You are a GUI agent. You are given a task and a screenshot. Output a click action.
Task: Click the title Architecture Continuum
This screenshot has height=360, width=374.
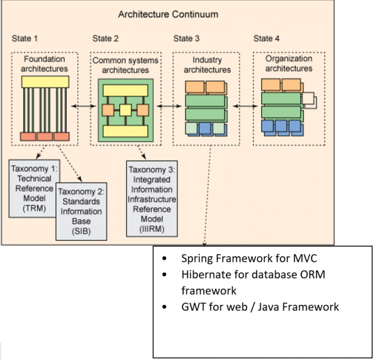coord(168,14)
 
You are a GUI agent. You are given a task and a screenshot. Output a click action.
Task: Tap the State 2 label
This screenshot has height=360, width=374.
coord(106,38)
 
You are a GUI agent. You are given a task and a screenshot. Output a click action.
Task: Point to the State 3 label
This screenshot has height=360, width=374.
coord(186,38)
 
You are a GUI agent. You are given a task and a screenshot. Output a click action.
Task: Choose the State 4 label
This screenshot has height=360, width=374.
coord(266,38)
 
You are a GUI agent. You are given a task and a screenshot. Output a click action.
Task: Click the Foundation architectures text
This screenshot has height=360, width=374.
coord(45,64)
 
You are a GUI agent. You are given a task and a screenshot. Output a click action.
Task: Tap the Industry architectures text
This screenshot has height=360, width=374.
coord(207,65)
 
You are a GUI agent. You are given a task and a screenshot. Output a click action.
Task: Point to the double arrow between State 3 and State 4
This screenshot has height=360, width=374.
coord(243,107)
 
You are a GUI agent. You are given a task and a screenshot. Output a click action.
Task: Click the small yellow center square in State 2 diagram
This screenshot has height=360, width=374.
coord(125,110)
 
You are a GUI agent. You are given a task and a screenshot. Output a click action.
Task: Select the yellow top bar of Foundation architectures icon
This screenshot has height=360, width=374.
coord(45,82)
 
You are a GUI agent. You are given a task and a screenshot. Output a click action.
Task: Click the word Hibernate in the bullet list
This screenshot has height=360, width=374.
coord(201,275)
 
